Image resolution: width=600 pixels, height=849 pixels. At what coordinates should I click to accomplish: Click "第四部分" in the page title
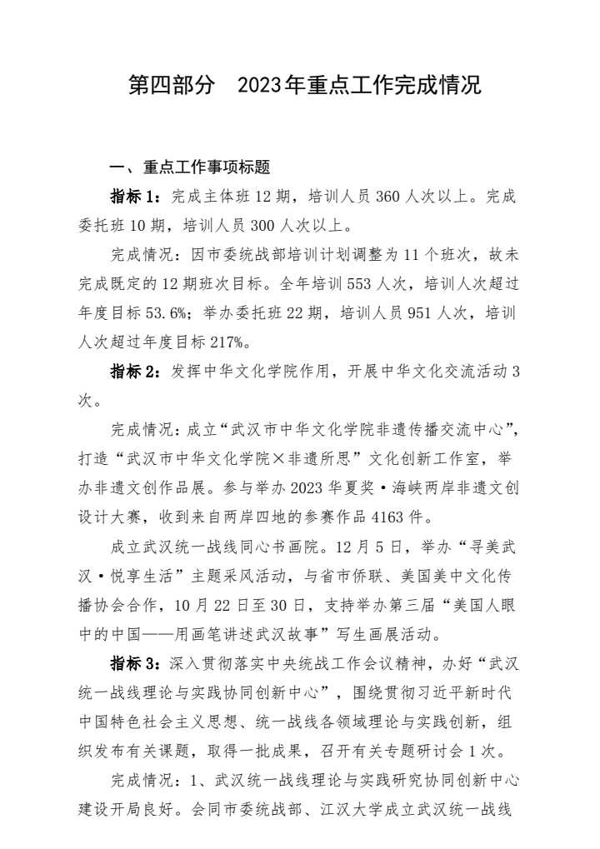pyautogui.click(x=172, y=85)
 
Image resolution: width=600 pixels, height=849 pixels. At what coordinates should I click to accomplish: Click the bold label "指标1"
pyautogui.click(x=133, y=197)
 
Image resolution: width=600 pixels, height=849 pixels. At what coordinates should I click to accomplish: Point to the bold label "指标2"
pyautogui.click(x=133, y=372)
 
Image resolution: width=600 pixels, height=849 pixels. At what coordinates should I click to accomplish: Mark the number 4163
pyautogui.click(x=386, y=517)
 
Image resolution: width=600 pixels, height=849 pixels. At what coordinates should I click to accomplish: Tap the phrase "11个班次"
pyautogui.click(x=412, y=255)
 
